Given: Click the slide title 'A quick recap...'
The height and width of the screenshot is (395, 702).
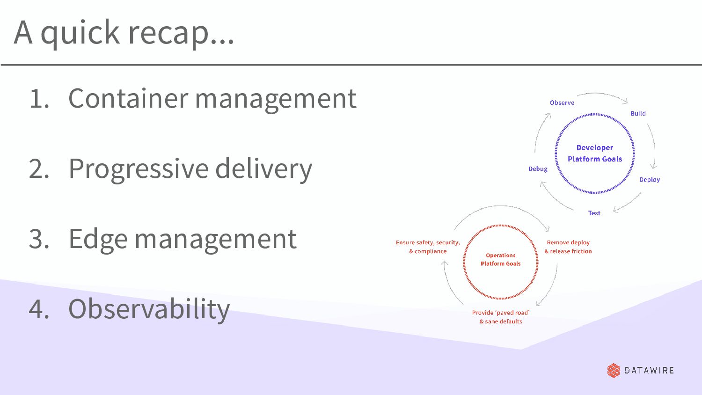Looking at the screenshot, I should tap(124, 33).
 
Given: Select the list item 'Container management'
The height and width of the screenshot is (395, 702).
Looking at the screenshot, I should tap(212, 98).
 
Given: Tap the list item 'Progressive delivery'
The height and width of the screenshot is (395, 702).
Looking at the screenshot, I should tap(190, 169).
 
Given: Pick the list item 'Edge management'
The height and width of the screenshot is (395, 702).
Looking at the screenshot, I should tap(183, 239).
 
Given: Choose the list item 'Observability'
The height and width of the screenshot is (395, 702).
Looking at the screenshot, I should tap(149, 309).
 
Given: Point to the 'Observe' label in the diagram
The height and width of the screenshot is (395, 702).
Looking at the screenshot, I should tap(562, 103).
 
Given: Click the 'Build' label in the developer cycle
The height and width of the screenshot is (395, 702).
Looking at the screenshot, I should tap(638, 114).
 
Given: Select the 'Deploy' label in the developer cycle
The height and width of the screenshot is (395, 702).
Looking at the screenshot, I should tap(650, 180).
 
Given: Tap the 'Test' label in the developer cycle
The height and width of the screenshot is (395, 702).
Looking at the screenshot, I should tap(594, 213).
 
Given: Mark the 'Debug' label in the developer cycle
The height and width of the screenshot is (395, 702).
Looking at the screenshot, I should tap(538, 169).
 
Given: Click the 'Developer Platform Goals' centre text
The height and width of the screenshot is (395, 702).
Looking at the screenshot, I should tap(595, 154).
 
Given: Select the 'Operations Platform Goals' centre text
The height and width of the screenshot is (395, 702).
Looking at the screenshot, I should tap(500, 260).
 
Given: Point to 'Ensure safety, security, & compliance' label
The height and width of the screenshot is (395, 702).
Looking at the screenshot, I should tap(428, 247).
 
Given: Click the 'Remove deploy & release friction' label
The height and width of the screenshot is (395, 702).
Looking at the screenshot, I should tap(568, 247).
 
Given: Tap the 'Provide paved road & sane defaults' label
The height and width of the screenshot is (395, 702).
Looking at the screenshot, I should tap(501, 317).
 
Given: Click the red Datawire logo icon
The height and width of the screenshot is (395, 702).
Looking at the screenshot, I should tap(614, 370).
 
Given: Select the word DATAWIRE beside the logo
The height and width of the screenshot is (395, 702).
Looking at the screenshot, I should tap(649, 370).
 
